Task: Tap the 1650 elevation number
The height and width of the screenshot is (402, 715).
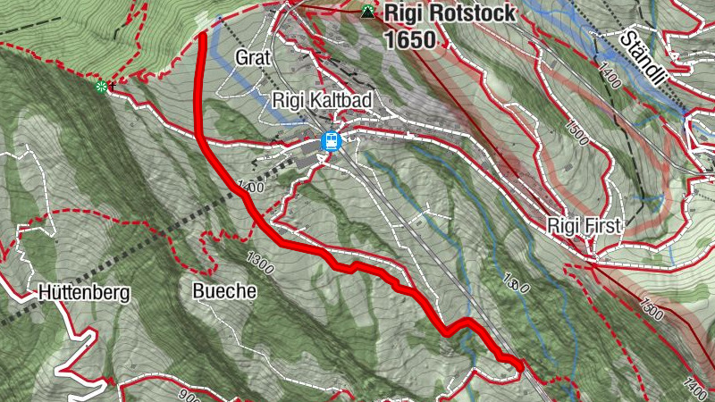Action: pos(410,40)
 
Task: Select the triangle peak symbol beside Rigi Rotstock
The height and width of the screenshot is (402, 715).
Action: pos(367,13)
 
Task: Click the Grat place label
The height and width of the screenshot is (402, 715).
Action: pos(253,58)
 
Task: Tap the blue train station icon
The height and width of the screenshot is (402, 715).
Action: pos(331,141)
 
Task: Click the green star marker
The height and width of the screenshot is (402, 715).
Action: pos(102,87)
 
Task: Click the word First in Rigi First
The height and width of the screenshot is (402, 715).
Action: pos(601,227)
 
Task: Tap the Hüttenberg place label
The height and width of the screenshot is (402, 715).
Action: pos(85,292)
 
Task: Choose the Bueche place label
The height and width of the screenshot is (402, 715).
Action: pos(224,291)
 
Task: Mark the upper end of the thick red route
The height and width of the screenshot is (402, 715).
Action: pos(202,36)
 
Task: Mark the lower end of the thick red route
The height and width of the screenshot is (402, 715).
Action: pos(519,365)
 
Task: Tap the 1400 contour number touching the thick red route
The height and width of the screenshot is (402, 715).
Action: pos(251,188)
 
